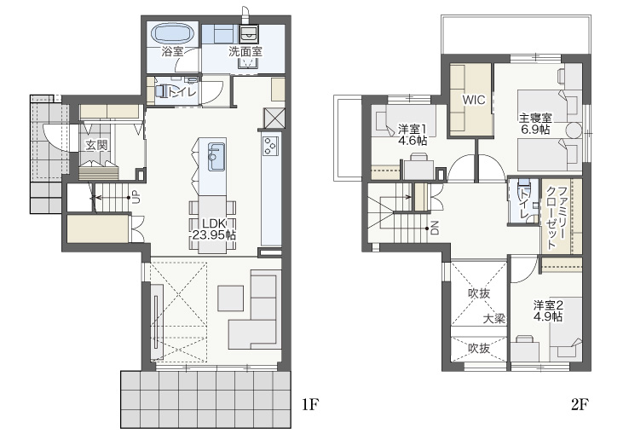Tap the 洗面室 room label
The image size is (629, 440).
point(245,52)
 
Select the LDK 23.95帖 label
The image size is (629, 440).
point(213,229)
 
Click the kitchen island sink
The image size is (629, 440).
point(216,157)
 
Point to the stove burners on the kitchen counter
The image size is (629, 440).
point(270,145)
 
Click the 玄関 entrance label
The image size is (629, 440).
point(96,145)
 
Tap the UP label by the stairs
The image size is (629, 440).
point(136,198)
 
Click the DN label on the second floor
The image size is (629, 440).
point(435,228)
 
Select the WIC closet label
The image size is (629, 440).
point(474,100)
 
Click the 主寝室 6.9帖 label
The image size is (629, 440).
point(535,124)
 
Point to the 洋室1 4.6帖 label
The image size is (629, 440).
point(412,135)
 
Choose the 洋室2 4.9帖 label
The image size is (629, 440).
point(548,310)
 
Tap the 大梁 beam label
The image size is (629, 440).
point(493,319)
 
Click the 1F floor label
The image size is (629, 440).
point(309,405)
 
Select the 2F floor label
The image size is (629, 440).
point(580,405)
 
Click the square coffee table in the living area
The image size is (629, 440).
point(231,298)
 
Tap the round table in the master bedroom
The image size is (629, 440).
point(574,130)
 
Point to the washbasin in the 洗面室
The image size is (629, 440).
point(249,34)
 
